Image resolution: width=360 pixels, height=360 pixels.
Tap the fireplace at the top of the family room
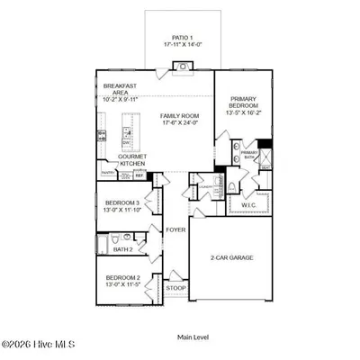tap(182, 66)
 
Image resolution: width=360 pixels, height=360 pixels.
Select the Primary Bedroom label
tap(245, 106)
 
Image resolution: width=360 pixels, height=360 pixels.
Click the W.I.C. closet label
tap(248, 204)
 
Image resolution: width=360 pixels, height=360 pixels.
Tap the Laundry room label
tap(205, 185)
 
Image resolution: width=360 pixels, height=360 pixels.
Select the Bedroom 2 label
tap(121, 281)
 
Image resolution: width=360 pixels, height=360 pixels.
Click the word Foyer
tap(175, 230)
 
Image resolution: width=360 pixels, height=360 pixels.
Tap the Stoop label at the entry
tap(175, 288)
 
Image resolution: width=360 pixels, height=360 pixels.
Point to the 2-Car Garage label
tap(232, 257)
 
